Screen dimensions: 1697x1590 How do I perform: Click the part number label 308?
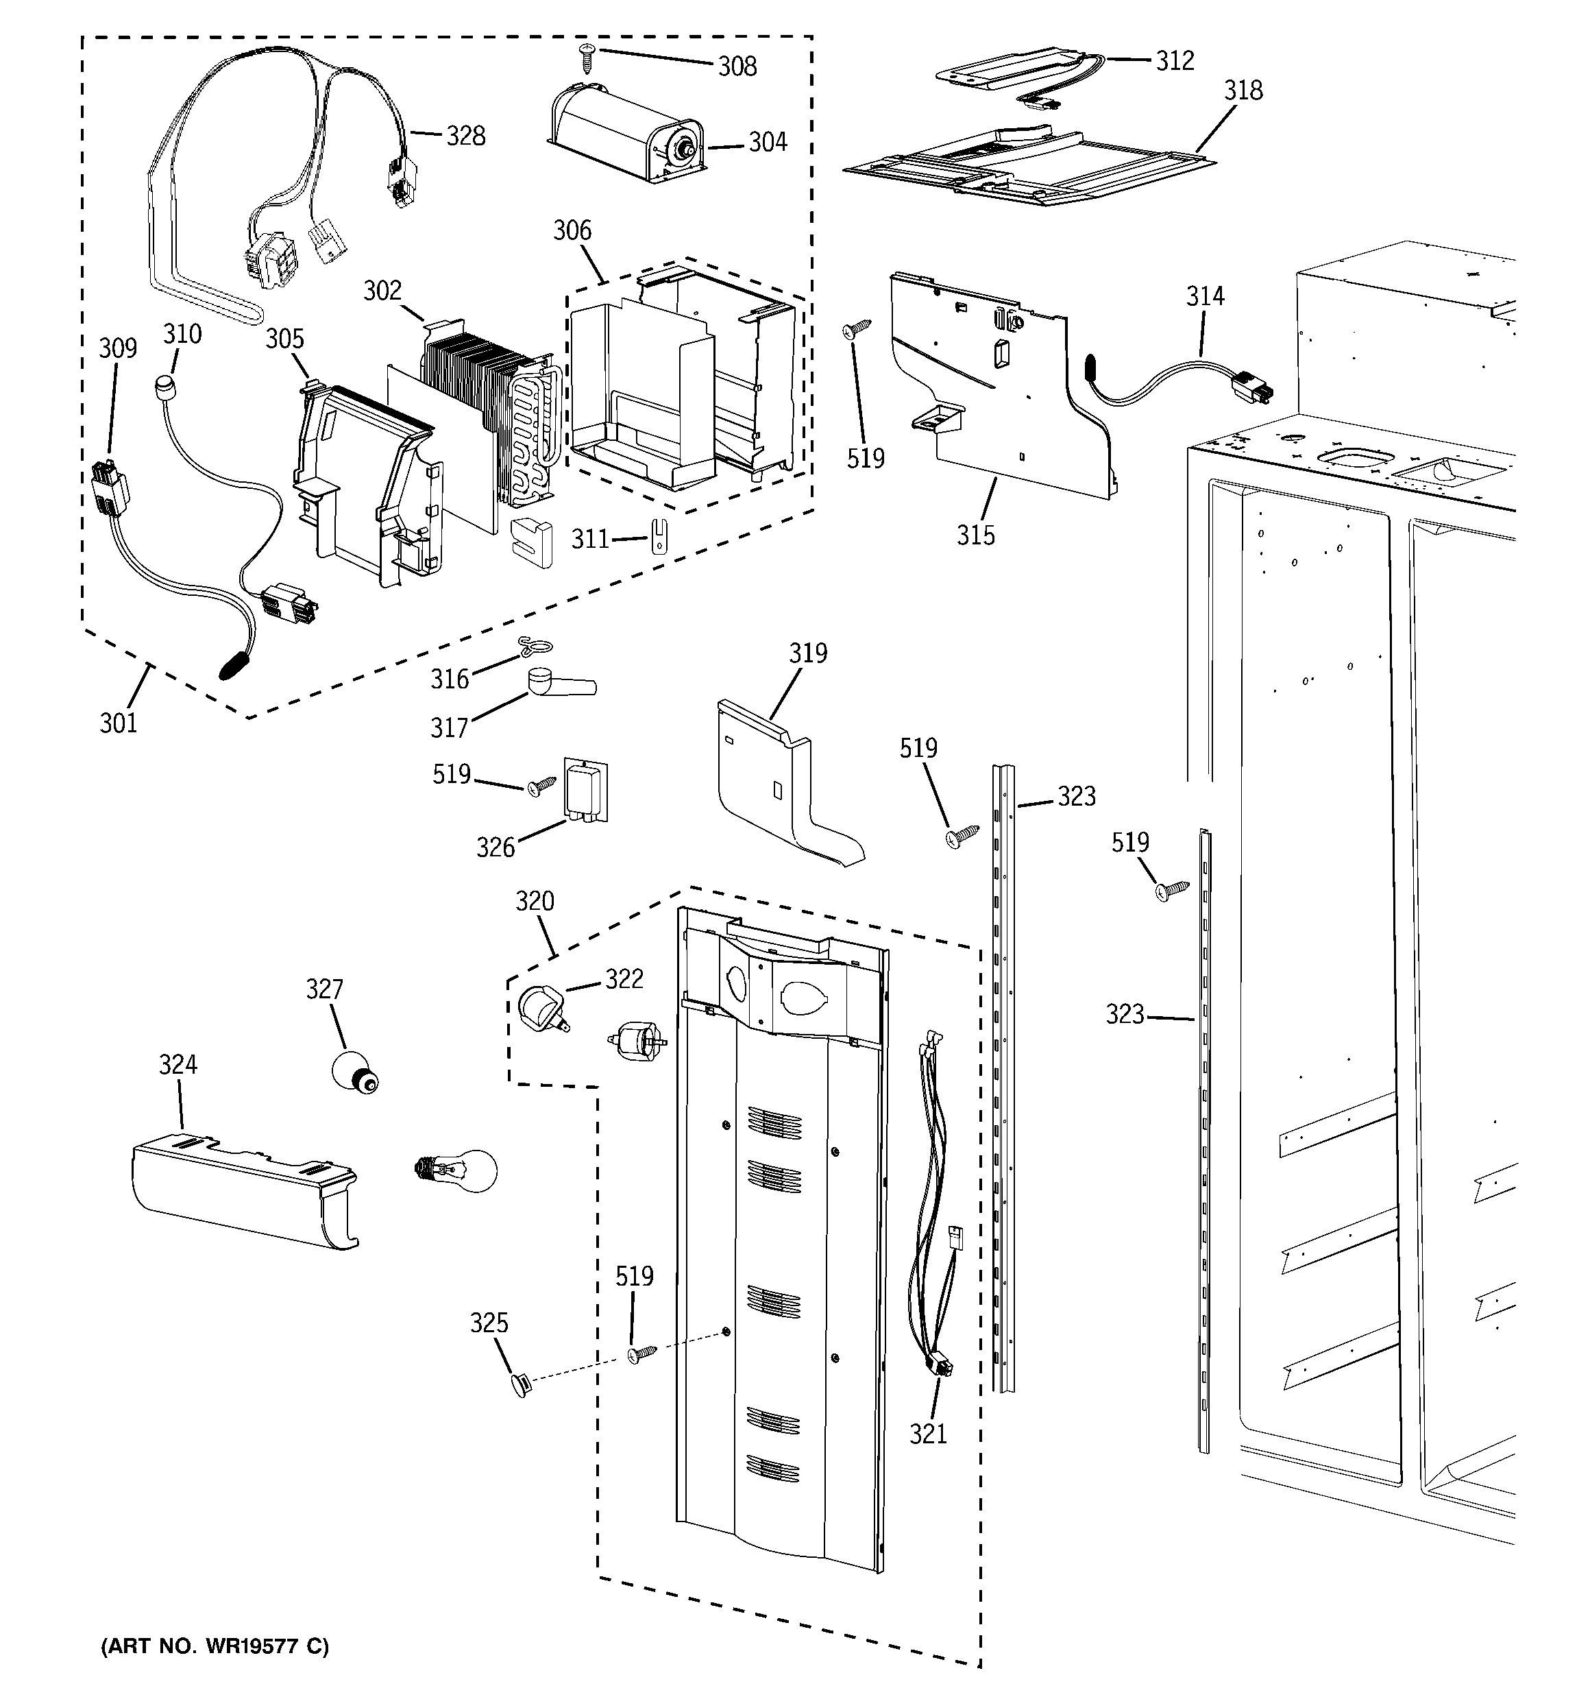[737, 67]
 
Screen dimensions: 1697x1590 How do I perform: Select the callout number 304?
[768, 143]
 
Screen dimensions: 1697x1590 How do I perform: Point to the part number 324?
[178, 1064]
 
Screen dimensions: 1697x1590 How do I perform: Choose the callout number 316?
[449, 679]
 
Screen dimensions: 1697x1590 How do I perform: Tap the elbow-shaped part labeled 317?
[554, 684]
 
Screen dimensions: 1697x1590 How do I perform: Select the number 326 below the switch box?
[495, 847]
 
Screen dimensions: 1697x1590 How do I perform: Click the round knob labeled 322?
[539, 1006]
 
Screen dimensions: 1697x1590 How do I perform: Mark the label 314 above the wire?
[1204, 297]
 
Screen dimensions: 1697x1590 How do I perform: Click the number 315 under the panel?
[975, 535]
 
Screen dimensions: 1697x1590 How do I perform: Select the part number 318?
[1243, 91]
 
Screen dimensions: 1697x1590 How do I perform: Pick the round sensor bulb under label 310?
[166, 387]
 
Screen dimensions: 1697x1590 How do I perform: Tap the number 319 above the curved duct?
[807, 654]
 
